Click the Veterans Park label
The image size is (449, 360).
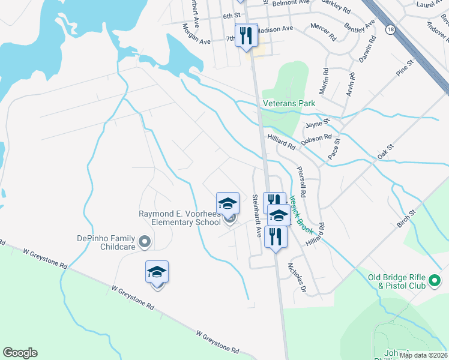[289, 104]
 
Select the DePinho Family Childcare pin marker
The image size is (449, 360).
[144, 242]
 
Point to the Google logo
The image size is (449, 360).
[20, 353]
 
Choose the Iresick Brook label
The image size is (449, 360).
[301, 209]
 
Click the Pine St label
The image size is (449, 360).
[405, 68]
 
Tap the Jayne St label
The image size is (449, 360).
[318, 124]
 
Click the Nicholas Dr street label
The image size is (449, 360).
[297, 275]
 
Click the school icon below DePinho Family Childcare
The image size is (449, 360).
[157, 273]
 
